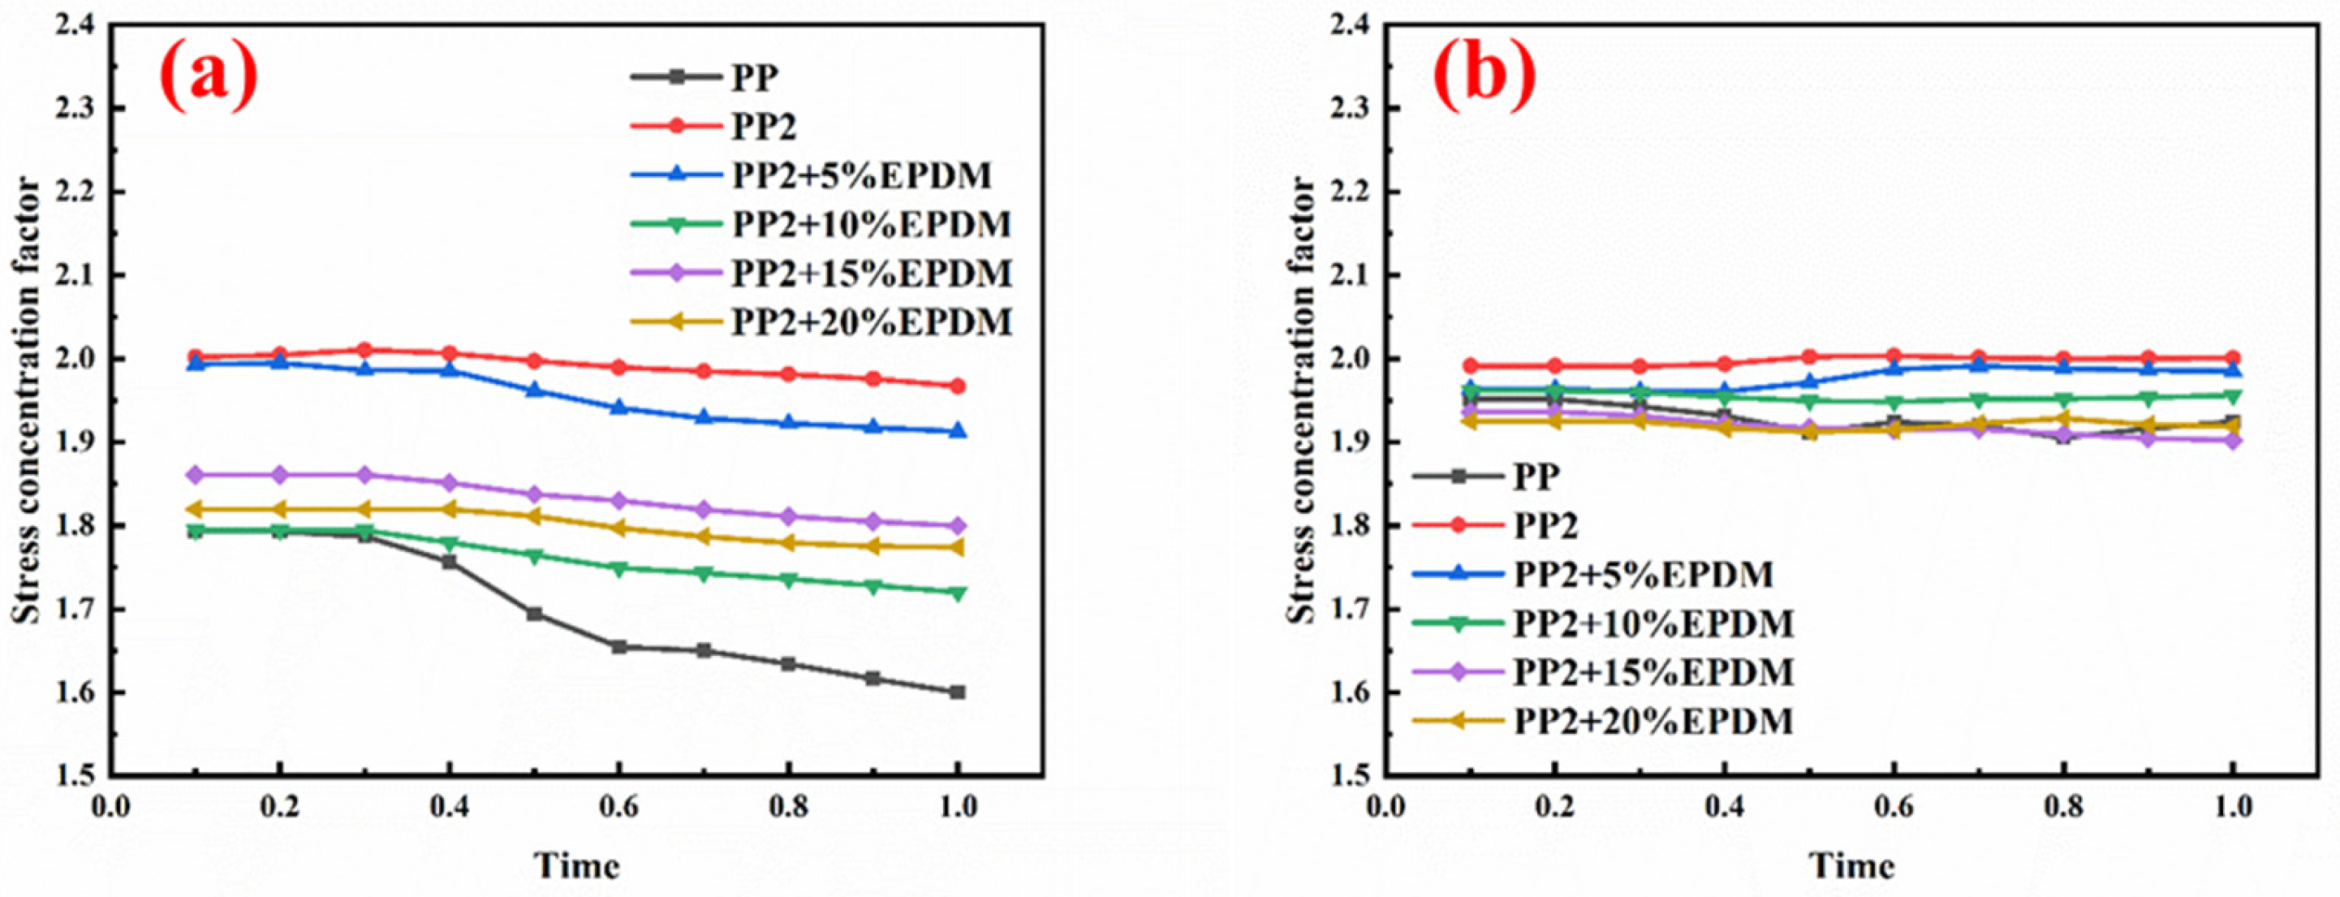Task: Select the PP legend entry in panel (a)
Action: tap(754, 77)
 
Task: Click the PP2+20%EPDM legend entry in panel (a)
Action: tap(870, 321)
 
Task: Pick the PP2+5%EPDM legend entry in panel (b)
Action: tap(1642, 575)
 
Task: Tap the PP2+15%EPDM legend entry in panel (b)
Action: tap(1653, 672)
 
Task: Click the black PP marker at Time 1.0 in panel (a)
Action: tap(958, 692)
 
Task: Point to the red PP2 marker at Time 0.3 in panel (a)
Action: tap(364, 350)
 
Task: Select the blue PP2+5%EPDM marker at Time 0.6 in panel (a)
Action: tap(618, 408)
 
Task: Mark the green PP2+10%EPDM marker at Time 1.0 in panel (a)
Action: tap(958, 593)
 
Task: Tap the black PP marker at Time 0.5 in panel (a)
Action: tap(534, 615)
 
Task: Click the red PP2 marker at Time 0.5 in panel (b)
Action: tap(1809, 357)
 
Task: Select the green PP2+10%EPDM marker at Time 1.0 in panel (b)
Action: tap(2234, 395)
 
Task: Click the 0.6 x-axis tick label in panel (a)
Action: tap(618, 807)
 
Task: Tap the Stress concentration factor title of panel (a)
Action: tap(28, 400)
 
